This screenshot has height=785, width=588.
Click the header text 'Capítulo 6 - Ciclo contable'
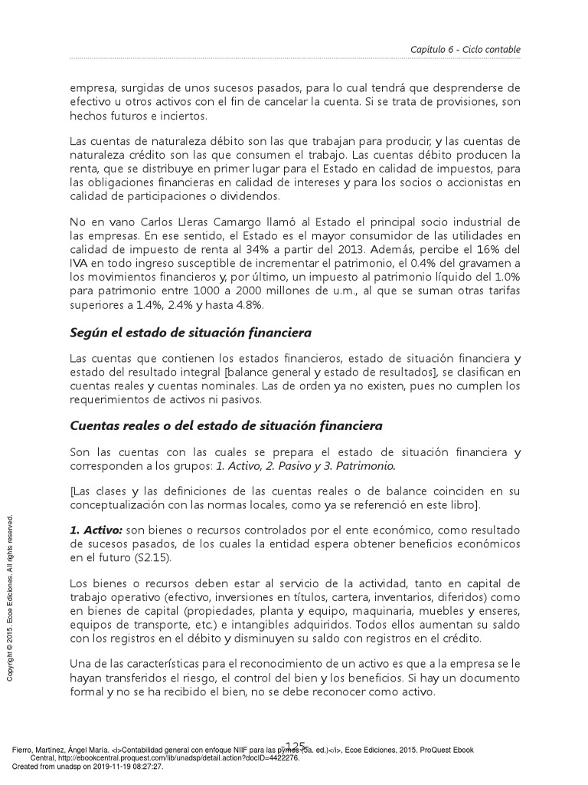(x=465, y=50)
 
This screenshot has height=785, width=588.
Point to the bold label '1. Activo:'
(x=96, y=530)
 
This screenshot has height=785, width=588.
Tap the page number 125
(x=295, y=746)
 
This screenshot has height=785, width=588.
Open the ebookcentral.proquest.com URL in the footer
(x=164, y=757)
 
